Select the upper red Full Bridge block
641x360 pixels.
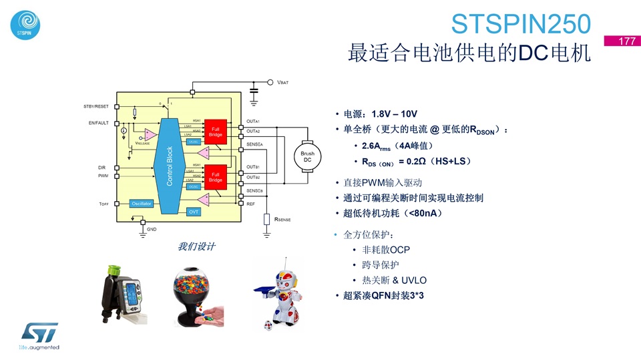[215, 132]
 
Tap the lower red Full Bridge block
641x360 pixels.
[215, 177]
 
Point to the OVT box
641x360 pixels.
[194, 212]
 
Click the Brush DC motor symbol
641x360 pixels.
[308, 157]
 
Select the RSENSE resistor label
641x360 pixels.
[278, 219]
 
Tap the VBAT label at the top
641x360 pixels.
[283, 82]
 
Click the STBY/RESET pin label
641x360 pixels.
[96, 106]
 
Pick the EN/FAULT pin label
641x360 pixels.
[98, 123]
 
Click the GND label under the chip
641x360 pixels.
[152, 228]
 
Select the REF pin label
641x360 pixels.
[250, 203]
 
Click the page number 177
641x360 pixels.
[626, 41]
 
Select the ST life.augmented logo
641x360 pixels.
[39, 336]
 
